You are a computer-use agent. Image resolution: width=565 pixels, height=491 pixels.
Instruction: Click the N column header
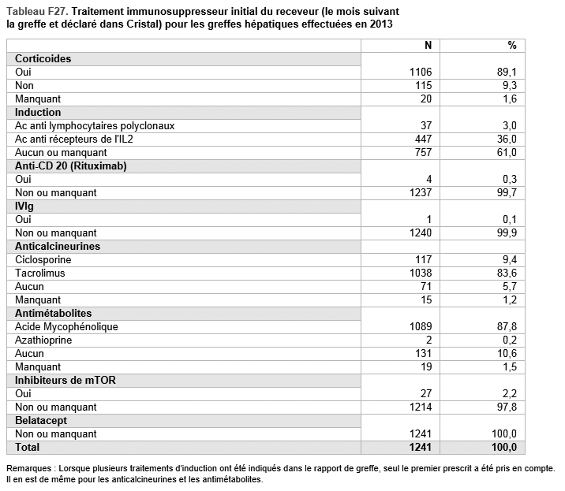point(428,46)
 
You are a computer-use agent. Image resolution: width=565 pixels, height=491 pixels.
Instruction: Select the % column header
point(512,46)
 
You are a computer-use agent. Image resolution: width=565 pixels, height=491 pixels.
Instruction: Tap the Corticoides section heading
point(43,58)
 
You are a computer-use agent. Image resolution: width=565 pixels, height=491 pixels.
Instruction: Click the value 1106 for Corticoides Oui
point(421,72)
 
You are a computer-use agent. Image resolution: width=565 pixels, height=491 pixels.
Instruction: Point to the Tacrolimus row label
point(40,273)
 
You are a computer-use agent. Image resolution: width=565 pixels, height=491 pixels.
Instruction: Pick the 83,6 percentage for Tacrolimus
point(507,273)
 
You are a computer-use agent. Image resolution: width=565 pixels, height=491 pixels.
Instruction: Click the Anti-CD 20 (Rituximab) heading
point(71,166)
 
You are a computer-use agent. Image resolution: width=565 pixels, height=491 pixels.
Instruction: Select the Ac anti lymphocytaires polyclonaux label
point(95,125)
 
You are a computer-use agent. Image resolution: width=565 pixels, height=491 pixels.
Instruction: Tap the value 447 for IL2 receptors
point(423,139)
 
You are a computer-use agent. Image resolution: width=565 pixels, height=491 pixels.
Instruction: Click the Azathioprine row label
point(43,340)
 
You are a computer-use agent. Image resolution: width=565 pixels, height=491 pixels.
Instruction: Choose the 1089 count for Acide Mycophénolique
point(421,326)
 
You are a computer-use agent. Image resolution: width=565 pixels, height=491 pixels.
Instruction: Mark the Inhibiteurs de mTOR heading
point(65,380)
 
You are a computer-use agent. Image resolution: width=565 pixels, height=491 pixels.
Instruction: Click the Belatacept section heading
point(41,420)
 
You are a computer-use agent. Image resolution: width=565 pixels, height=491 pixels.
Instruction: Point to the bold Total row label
point(27,447)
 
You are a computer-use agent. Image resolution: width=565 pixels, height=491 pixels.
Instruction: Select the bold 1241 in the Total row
point(420,447)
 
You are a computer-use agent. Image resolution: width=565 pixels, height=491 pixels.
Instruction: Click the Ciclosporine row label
point(43,259)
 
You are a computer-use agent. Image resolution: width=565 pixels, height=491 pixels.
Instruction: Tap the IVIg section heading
point(24,206)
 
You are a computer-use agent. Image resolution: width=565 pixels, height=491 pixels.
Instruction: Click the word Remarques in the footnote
point(29,468)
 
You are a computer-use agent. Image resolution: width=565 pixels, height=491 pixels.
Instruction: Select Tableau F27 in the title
point(36,12)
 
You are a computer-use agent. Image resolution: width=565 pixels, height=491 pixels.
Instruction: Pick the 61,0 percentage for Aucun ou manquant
point(507,152)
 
